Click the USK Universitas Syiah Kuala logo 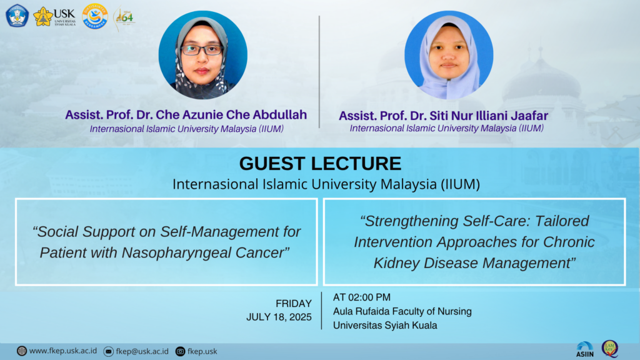pos(54,17)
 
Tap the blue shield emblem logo pos(17,16)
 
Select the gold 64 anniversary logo pos(124,18)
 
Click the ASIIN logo pos(585,350)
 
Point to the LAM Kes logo pos(610,349)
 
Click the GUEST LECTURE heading pos(320,164)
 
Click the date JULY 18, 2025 pos(279,317)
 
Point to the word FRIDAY pos(294,304)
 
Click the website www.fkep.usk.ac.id pos(63,351)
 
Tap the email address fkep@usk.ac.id pos(142,351)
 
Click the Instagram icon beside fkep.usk pos(180,351)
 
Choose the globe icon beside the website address pos(22,351)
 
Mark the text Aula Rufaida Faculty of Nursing pos(402,311)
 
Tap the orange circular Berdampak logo pos(95,17)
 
